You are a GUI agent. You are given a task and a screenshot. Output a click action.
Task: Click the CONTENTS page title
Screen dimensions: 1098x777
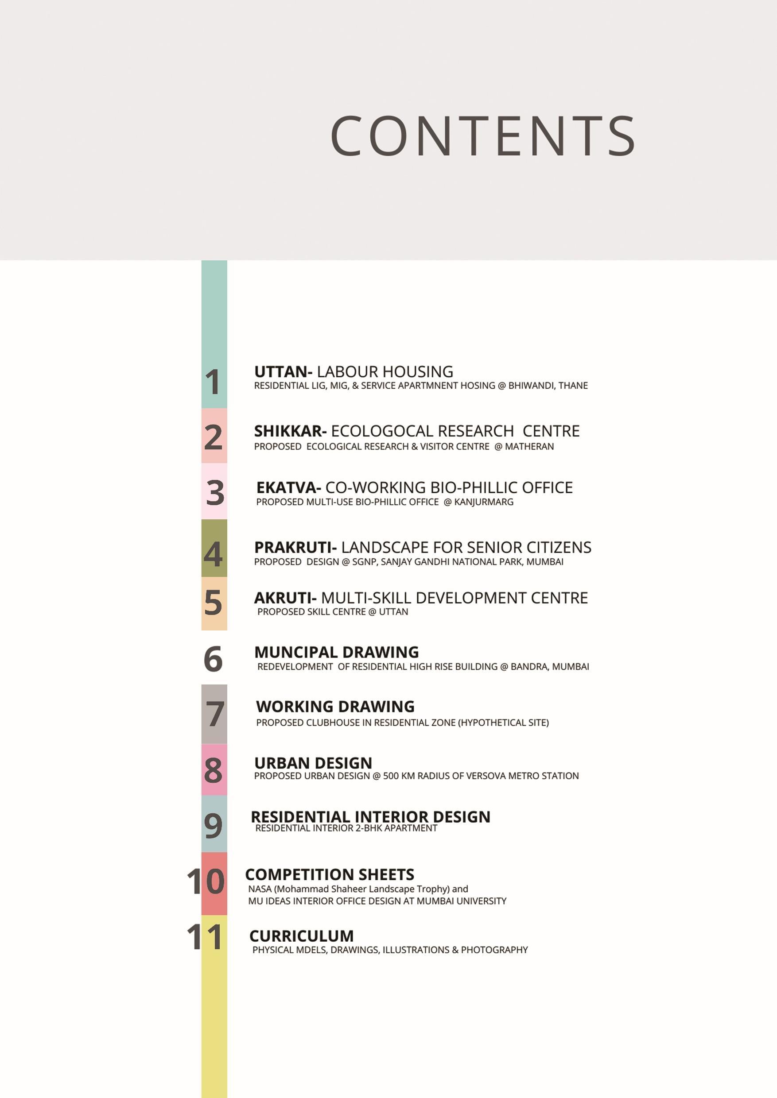tap(482, 136)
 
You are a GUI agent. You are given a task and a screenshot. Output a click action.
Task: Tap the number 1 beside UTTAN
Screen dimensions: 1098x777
tap(213, 382)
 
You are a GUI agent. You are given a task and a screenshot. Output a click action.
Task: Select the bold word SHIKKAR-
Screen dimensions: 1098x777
tap(290, 431)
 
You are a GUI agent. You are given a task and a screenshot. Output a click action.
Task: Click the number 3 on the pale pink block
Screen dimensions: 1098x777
tap(215, 493)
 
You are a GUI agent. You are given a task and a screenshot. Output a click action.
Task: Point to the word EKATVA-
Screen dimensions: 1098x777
tap(288, 488)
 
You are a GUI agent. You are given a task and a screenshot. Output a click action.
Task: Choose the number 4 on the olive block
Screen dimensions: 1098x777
tap(213, 554)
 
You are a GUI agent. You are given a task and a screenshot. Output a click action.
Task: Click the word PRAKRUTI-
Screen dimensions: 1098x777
tap(295, 548)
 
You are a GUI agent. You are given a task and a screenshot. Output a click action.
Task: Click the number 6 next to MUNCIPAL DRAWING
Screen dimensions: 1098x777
tap(213, 659)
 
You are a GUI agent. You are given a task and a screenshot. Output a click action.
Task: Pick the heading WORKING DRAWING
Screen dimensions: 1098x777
tap(335, 707)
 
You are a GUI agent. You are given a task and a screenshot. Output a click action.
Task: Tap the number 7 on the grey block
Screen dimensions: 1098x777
tap(215, 714)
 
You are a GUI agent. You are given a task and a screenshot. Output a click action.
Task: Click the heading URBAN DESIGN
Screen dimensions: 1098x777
tap(313, 763)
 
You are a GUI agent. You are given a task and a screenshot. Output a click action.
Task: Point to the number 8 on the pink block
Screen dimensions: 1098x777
tap(213, 770)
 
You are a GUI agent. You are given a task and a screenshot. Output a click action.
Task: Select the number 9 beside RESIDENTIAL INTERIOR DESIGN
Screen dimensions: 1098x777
tap(213, 825)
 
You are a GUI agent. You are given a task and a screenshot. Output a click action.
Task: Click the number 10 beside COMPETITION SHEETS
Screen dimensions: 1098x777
tap(205, 881)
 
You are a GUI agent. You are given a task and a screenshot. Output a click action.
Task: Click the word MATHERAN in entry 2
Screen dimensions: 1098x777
tap(529, 447)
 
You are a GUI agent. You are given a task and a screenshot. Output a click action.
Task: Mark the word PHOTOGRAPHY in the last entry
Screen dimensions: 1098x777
tap(494, 950)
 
